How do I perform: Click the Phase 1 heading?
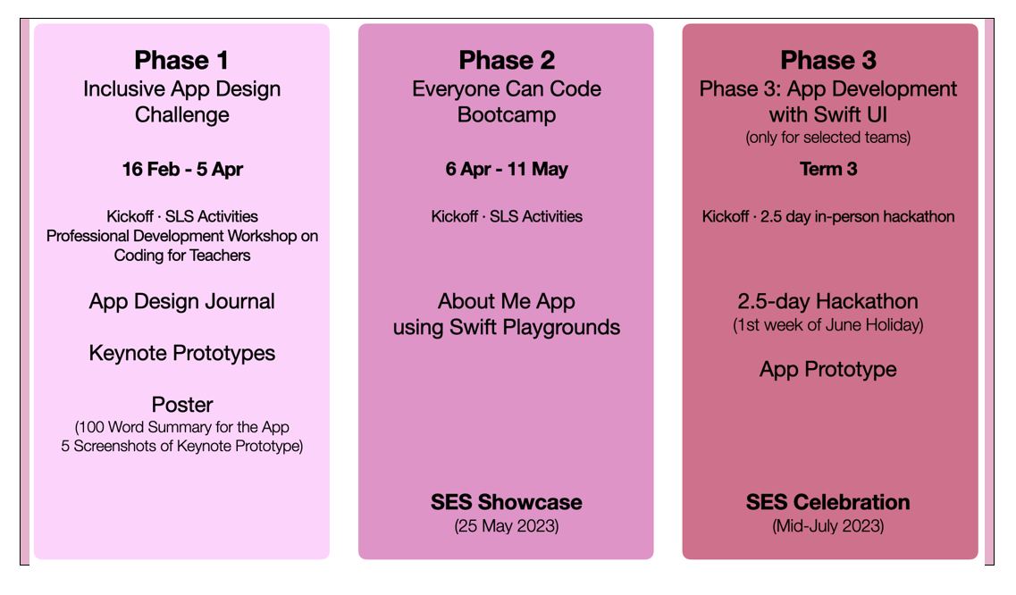[181, 60]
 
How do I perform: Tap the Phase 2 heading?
[507, 60]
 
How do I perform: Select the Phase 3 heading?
[828, 60]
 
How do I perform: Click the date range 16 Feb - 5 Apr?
[182, 169]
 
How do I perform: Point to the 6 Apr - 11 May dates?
[507, 169]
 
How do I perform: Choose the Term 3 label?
[828, 169]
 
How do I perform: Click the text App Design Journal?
[182, 301]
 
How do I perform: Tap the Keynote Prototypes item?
[182, 353]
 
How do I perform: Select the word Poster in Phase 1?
[182, 405]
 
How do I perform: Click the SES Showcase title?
[507, 502]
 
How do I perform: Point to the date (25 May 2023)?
[507, 525]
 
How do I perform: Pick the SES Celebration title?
[828, 502]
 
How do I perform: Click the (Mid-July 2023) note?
[828, 525]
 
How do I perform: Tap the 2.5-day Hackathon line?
[828, 301]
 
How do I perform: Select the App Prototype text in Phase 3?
[828, 370]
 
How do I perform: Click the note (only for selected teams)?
[828, 138]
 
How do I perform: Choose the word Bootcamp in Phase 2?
[507, 114]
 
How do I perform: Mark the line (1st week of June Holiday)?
[828, 324]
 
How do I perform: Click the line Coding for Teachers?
[182, 256]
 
